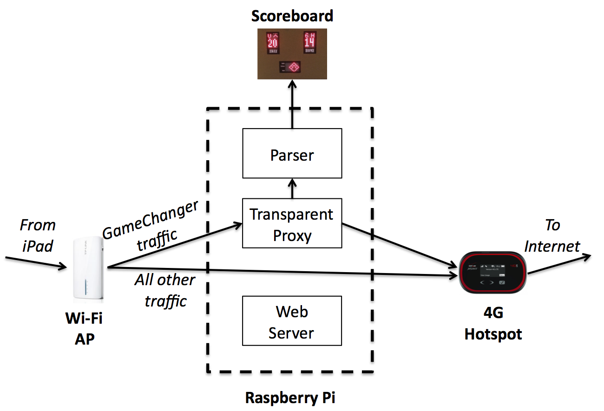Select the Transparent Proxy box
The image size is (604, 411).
click(292, 224)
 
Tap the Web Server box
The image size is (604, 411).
click(292, 321)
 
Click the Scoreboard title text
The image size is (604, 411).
click(292, 16)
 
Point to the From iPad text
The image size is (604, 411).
click(38, 235)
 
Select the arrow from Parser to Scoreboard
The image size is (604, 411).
click(292, 104)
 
